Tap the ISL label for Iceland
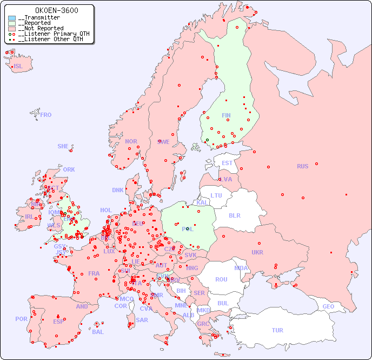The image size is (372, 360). click(x=18, y=67)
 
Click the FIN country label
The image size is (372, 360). click(x=226, y=115)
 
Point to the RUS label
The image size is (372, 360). click(x=302, y=166)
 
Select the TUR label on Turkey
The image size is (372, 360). click(x=277, y=330)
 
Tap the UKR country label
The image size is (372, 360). click(x=257, y=252)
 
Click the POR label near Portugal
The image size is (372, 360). click(x=21, y=319)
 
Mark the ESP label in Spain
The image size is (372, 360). click(x=58, y=321)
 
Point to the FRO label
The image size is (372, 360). click(x=46, y=115)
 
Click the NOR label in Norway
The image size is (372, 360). click(x=131, y=141)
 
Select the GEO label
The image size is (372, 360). click(x=328, y=306)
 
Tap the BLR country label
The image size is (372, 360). click(x=234, y=215)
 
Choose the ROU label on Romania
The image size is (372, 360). click(x=221, y=279)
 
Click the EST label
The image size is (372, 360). click(x=227, y=163)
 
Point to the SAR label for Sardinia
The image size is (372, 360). click(x=142, y=320)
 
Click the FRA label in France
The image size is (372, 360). click(x=94, y=273)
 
